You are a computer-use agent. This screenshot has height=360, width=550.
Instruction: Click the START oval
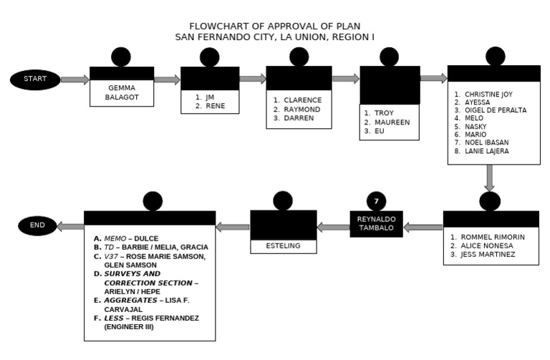(x=35, y=79)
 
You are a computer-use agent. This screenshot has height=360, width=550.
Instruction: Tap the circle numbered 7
(x=376, y=201)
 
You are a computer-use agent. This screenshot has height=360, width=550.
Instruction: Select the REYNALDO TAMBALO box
(x=376, y=224)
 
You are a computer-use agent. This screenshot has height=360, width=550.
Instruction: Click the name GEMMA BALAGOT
(x=121, y=92)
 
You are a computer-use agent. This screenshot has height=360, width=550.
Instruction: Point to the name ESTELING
(x=283, y=245)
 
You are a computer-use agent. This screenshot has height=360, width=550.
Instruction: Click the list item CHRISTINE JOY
(x=488, y=94)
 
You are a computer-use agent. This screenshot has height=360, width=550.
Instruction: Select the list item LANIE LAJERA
(x=486, y=151)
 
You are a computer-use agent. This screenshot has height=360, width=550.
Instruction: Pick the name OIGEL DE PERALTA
(x=495, y=110)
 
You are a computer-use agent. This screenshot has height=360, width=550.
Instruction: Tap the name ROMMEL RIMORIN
(x=493, y=237)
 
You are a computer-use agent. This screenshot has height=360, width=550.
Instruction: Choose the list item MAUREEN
(x=392, y=122)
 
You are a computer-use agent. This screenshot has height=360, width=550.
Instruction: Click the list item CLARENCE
(x=302, y=100)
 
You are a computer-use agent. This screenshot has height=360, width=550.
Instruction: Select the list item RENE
(x=215, y=106)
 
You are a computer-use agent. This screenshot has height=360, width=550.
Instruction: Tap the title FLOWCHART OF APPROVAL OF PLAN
(x=275, y=26)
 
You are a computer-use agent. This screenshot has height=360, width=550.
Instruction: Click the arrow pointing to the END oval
(x=70, y=226)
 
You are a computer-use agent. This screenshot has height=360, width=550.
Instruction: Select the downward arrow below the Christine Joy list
(x=490, y=177)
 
